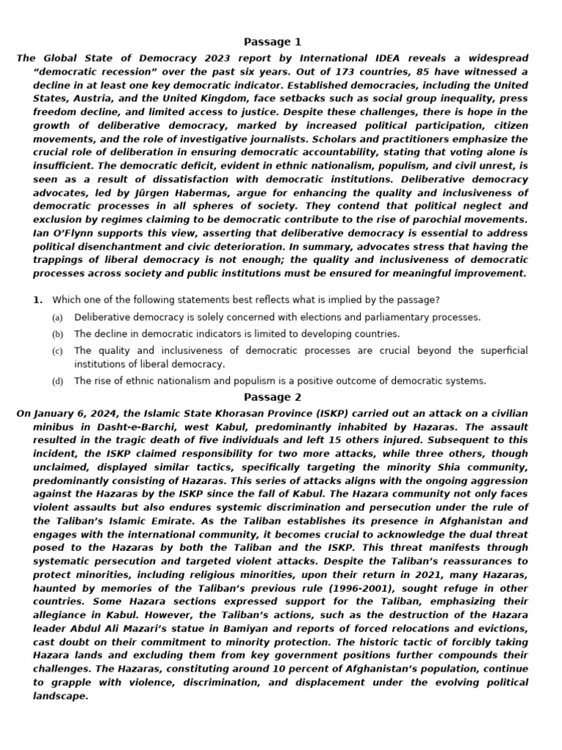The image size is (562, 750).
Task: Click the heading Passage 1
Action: click(x=272, y=42)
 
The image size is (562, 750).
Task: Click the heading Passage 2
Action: click(x=272, y=398)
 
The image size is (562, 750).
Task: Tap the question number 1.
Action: click(x=37, y=300)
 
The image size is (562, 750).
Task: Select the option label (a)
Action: click(x=57, y=318)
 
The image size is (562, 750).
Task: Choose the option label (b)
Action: click(x=57, y=334)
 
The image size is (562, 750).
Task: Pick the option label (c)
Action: click(x=57, y=352)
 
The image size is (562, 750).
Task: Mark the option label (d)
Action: click(x=57, y=382)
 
